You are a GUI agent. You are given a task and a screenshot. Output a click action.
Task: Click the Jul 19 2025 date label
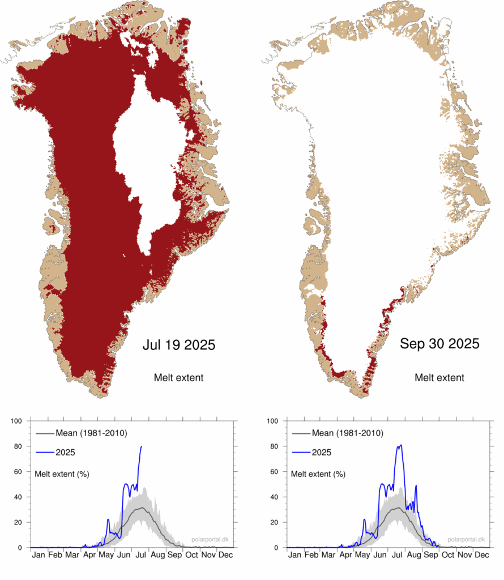tap(178, 344)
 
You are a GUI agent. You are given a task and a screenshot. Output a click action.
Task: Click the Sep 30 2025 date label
tap(439, 343)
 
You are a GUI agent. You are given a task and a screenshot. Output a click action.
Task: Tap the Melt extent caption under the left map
tap(178, 377)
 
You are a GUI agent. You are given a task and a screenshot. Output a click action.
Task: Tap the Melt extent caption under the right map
tap(439, 377)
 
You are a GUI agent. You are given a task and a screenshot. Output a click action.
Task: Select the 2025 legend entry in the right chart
tap(322, 453)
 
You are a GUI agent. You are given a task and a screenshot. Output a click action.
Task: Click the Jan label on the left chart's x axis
tap(39, 556)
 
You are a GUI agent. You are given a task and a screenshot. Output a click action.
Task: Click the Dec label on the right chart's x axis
tap(481, 556)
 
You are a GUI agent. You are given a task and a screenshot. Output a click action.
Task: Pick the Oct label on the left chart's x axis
tap(191, 556)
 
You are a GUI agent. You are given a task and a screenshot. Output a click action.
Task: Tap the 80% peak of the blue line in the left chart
tap(141, 447)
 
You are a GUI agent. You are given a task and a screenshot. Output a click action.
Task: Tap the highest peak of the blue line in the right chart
tap(401, 445)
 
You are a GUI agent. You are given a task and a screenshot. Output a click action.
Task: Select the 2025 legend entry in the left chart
tap(66, 453)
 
